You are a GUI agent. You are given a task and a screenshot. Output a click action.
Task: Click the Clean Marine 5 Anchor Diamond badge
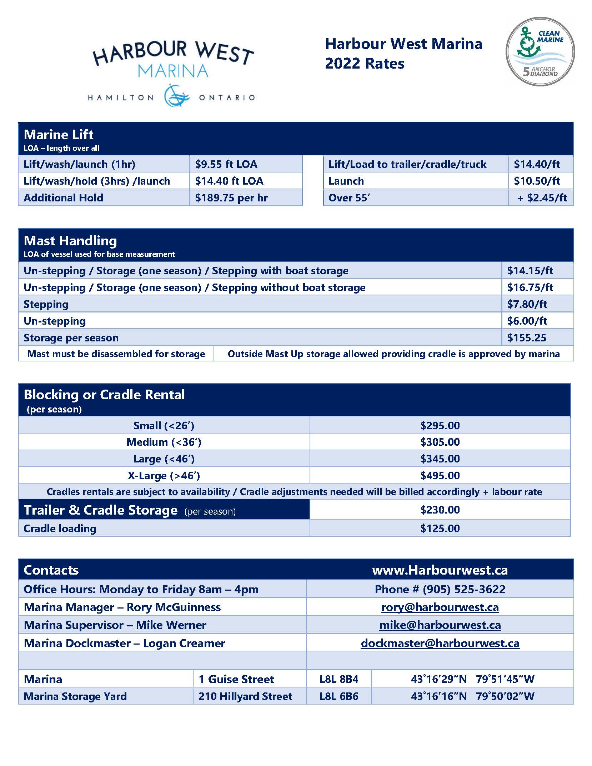(x=540, y=51)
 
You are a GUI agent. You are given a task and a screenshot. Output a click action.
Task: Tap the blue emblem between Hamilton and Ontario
(x=176, y=96)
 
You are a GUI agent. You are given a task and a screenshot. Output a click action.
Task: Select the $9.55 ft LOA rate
(x=226, y=164)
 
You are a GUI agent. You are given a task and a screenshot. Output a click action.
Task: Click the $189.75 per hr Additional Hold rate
(x=231, y=198)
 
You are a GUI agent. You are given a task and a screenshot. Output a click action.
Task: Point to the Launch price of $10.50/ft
(x=537, y=181)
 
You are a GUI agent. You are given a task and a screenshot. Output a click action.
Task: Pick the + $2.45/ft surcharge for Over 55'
(x=542, y=198)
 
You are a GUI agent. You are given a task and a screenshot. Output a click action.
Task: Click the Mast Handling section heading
(x=70, y=241)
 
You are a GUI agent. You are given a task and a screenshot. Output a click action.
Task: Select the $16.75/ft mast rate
(x=530, y=287)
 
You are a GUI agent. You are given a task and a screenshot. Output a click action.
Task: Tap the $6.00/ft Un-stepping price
(x=527, y=321)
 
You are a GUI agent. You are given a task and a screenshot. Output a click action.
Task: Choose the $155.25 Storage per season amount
(x=527, y=338)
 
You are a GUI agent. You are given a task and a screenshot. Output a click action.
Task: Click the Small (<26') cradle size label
(x=164, y=426)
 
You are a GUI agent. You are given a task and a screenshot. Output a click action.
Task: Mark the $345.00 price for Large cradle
(x=440, y=459)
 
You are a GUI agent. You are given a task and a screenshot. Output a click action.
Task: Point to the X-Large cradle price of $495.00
(x=440, y=476)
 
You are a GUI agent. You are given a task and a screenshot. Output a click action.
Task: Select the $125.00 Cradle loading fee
(x=440, y=529)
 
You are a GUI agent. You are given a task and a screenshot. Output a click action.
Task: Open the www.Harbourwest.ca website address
(x=440, y=570)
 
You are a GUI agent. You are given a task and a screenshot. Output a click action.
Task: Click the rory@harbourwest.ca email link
(x=440, y=607)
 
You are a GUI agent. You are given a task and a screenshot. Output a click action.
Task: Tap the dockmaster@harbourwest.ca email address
(x=440, y=644)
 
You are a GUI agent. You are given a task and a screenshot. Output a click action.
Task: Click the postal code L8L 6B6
(x=339, y=696)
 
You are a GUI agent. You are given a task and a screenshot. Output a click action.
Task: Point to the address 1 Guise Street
(x=236, y=679)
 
